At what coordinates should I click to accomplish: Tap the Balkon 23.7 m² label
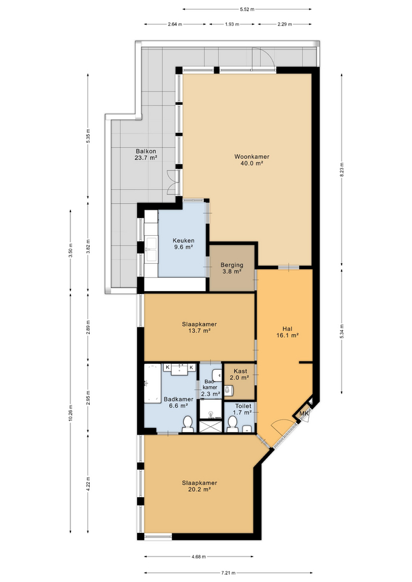point(146,155)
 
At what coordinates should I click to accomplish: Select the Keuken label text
point(183,241)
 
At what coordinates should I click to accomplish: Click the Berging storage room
point(232,267)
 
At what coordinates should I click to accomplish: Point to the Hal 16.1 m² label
point(287,332)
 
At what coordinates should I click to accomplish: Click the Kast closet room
point(240,381)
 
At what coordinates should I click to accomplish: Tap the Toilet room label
point(243,406)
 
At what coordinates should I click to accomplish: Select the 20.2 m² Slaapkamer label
point(199,486)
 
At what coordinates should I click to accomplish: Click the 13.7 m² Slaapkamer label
point(199,327)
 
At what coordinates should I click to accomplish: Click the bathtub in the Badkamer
point(153,383)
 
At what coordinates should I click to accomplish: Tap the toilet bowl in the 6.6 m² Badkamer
point(187,424)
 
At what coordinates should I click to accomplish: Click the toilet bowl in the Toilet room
point(232,424)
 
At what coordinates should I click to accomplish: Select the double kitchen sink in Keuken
point(152,249)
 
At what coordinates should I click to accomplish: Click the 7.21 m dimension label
point(228,573)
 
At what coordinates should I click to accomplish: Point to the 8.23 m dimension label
point(342,170)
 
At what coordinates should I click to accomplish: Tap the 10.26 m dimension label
point(70,412)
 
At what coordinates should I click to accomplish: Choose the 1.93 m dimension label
point(232,24)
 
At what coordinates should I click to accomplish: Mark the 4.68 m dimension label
point(199,557)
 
